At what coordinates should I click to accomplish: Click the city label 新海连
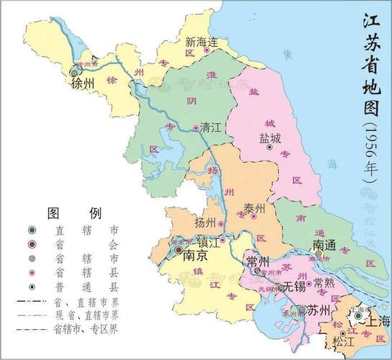pos(201,41)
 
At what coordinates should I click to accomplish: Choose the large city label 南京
pos(197,256)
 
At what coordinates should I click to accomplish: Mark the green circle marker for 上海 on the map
pos(358,315)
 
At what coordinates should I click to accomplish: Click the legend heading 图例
pos(74,213)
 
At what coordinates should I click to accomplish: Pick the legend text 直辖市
pos(87,231)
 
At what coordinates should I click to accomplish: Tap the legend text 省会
pos(87,245)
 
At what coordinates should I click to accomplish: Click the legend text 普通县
pos(87,286)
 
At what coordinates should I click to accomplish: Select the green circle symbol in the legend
pos(32,231)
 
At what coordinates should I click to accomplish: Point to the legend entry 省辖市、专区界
pos(87,328)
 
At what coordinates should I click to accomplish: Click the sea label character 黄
pos(288,54)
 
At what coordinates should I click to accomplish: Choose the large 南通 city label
pos(324,245)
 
